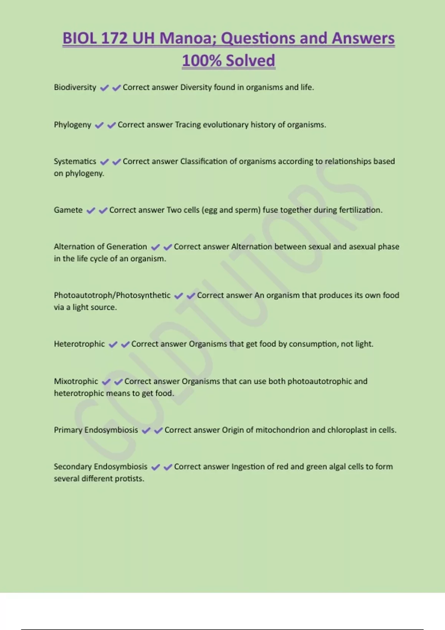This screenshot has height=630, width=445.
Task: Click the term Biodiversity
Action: click(x=75, y=87)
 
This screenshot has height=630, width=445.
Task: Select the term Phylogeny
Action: click(x=72, y=125)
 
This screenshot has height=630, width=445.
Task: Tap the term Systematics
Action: click(x=75, y=162)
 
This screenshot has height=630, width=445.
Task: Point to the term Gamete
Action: click(x=68, y=210)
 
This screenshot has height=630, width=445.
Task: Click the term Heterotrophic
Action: click(x=79, y=344)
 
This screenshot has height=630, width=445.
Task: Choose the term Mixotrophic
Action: click(x=76, y=381)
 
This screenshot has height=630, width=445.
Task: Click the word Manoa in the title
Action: click(x=188, y=39)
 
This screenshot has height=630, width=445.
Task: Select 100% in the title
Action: click(x=202, y=61)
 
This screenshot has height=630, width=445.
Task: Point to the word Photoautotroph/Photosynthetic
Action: click(x=112, y=295)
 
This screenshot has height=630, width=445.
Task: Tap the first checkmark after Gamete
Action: click(x=90, y=210)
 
